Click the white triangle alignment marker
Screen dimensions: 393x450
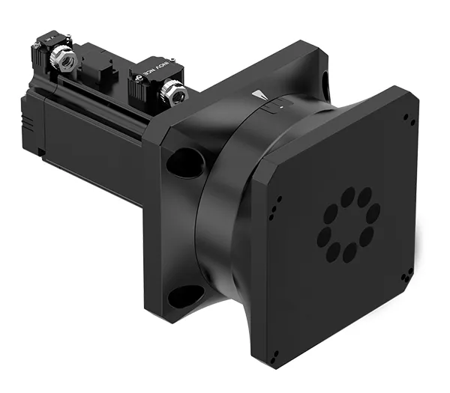pyautogui.click(x=260, y=96)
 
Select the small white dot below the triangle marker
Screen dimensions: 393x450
pyautogui.click(x=280, y=107)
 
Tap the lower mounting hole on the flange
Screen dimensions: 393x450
pyautogui.click(x=184, y=296)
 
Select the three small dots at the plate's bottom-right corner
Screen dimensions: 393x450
pyautogui.click(x=403, y=280)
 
